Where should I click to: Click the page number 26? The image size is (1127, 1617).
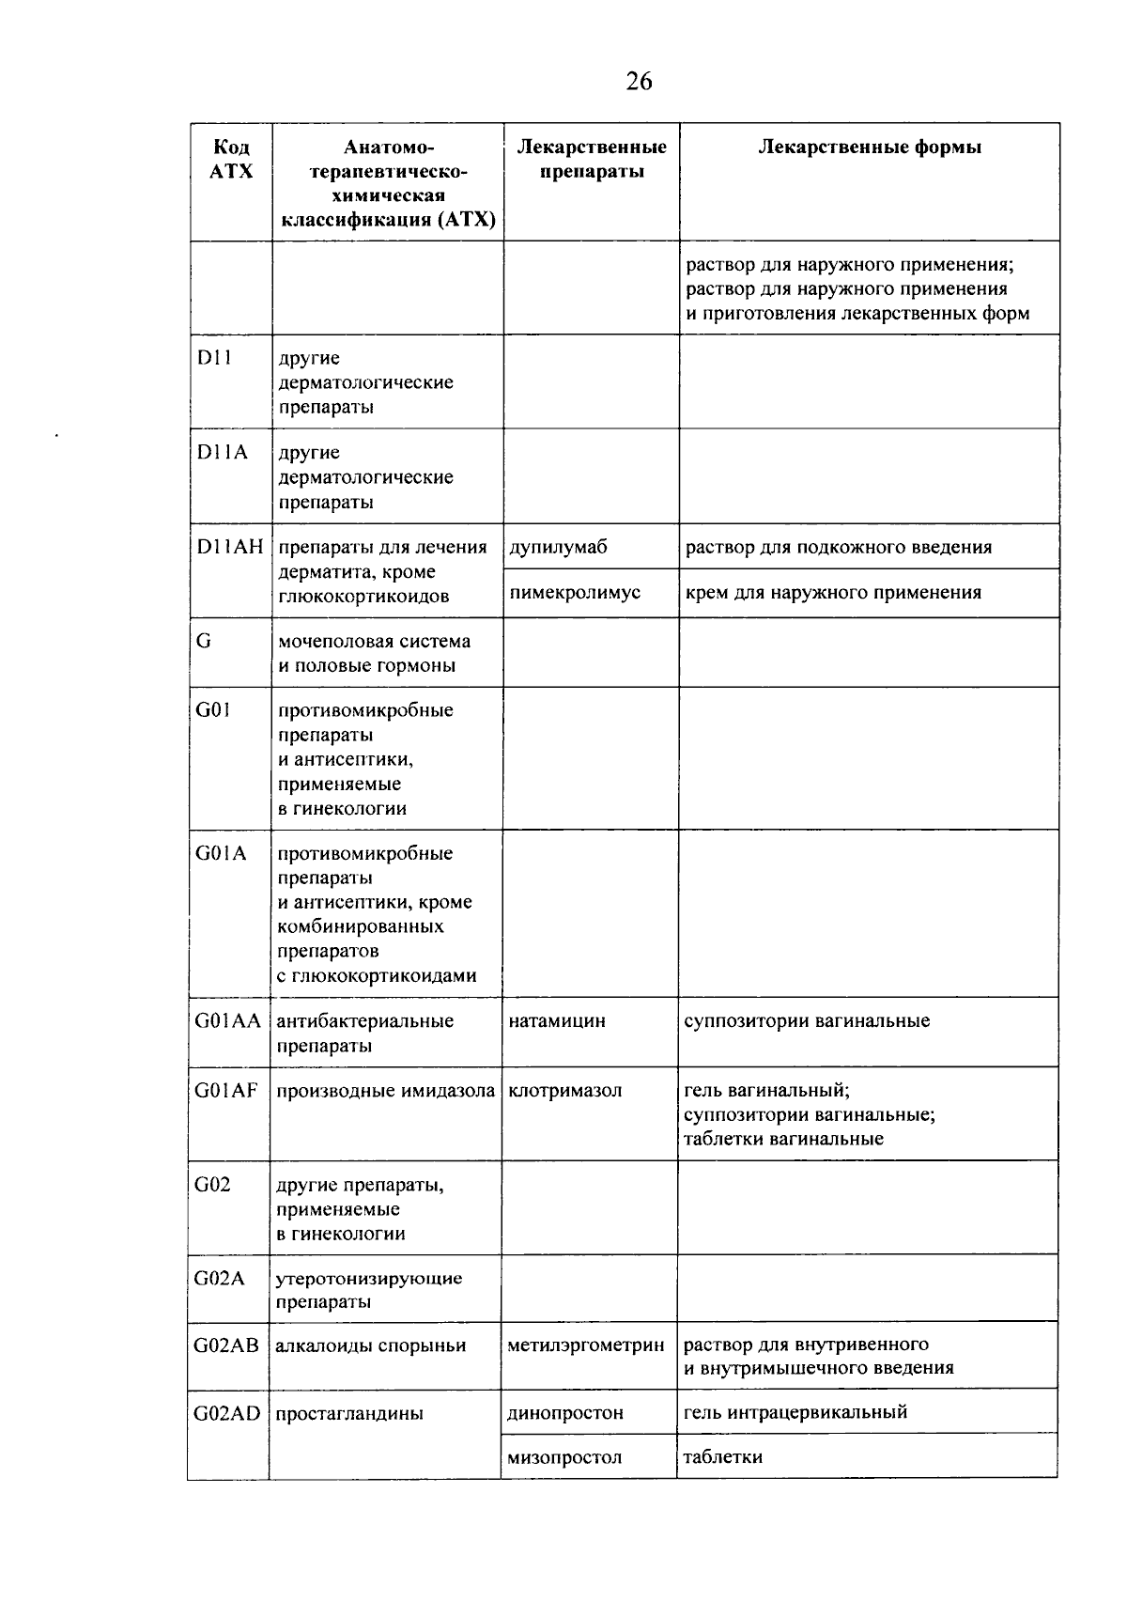[x=639, y=82]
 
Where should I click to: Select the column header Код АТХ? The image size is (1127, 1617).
[x=232, y=160]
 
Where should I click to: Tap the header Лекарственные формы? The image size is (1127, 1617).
[x=870, y=148]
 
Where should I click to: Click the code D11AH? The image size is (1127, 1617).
[x=230, y=547]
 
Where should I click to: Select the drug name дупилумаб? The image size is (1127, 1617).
[x=559, y=547]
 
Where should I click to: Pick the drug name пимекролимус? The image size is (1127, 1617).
[x=575, y=593]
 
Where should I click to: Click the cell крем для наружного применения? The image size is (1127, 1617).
[x=833, y=593]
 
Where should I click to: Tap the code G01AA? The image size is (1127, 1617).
[x=228, y=1021]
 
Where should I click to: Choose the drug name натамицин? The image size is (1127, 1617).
[x=557, y=1021]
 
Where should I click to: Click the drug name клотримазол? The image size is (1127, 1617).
[x=564, y=1091]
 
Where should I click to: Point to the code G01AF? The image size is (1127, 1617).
[x=226, y=1091]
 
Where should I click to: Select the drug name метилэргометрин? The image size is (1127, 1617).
[x=586, y=1345]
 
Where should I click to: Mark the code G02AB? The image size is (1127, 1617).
[x=226, y=1345]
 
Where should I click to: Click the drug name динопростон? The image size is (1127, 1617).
[x=565, y=1413]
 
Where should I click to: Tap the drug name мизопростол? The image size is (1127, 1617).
[x=564, y=1458]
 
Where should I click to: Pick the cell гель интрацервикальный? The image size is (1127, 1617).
[x=795, y=1412]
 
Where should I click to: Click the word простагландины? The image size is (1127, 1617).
[x=349, y=1413]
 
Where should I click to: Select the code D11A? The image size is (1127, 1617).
[x=223, y=453]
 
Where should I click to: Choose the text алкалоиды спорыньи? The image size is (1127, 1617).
[x=371, y=1345]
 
